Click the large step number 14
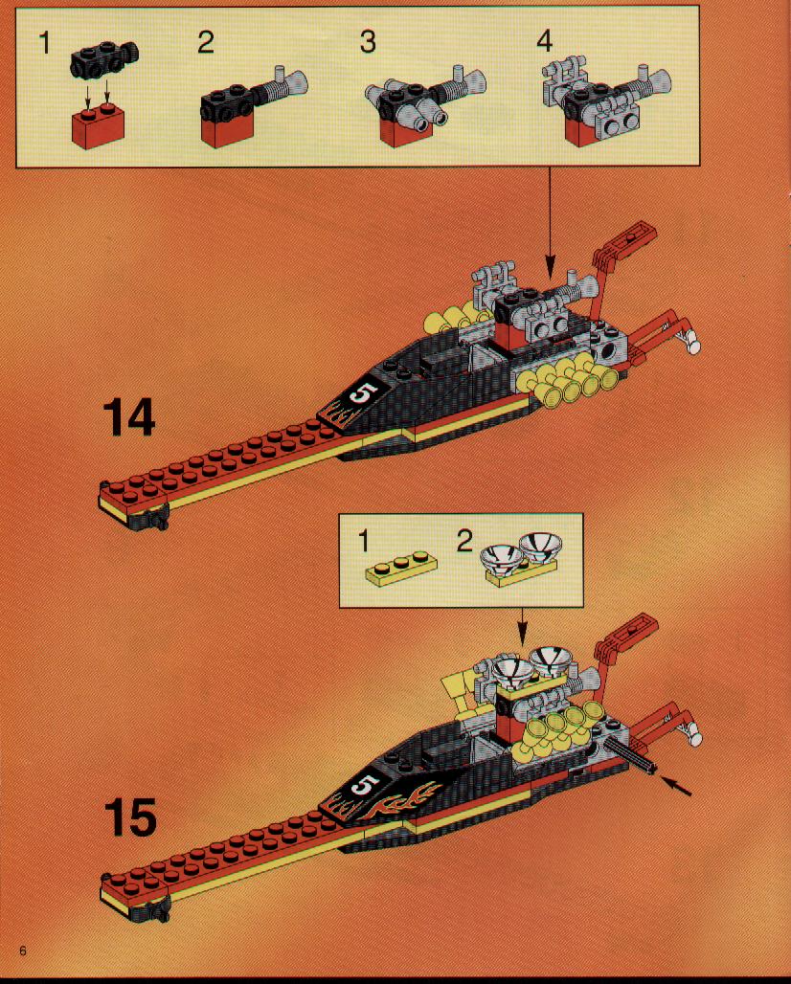tap(128, 416)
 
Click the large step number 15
tap(130, 816)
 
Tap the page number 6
tap(23, 950)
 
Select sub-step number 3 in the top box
tap(368, 42)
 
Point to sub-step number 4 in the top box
tap(544, 42)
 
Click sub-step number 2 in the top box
tap(206, 42)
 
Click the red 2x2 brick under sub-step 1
tap(98, 126)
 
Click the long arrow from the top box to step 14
tap(550, 223)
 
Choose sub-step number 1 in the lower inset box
tap(364, 540)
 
